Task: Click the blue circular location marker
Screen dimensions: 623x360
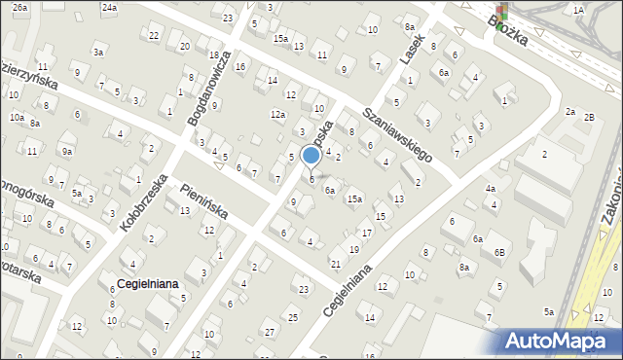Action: click(311, 155)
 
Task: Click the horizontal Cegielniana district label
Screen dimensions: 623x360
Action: click(146, 283)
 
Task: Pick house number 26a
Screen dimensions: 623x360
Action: click(20, 7)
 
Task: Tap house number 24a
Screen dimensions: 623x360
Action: click(109, 7)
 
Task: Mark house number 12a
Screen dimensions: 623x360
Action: click(277, 115)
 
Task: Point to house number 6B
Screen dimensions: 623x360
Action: click(498, 252)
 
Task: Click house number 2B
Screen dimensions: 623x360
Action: click(589, 117)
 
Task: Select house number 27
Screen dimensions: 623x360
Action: click(270, 333)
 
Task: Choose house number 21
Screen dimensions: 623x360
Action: click(335, 264)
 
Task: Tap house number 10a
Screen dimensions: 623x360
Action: click(17, 117)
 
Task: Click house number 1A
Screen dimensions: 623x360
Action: click(578, 10)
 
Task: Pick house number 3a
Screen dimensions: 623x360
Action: click(98, 52)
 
